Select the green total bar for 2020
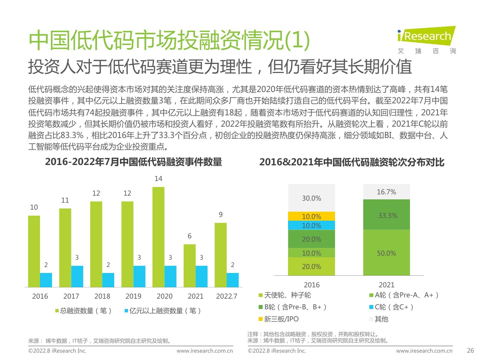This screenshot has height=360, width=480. [x=158, y=237]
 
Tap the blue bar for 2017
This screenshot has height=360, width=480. [x=77, y=276]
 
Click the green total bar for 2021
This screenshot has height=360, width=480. [x=189, y=265]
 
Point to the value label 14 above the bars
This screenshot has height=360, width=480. [x=158, y=179]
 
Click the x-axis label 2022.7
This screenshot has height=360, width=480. [x=227, y=296]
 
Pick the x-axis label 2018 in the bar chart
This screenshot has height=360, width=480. [x=102, y=296]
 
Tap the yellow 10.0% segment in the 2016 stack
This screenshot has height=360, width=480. [x=311, y=216]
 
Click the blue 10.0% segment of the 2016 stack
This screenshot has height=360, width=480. [x=311, y=225]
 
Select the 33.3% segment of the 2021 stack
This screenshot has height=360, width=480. [x=386, y=215]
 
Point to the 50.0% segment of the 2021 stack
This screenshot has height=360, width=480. [x=386, y=253]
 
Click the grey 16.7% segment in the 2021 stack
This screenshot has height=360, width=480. [x=386, y=192]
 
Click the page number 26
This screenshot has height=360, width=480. [x=470, y=350]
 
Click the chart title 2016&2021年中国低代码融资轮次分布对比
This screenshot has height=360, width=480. [x=352, y=162]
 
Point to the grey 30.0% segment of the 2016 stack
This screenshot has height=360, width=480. [x=311, y=198]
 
